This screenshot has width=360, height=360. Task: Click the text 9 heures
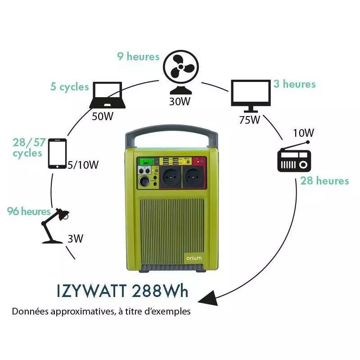(139, 57)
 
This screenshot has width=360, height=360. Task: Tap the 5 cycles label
(70, 86)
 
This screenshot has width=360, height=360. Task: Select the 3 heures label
(294, 84)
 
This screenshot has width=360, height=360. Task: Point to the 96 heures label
(29, 211)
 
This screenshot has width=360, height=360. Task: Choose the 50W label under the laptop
(102, 117)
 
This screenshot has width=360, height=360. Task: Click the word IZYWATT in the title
(92, 291)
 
